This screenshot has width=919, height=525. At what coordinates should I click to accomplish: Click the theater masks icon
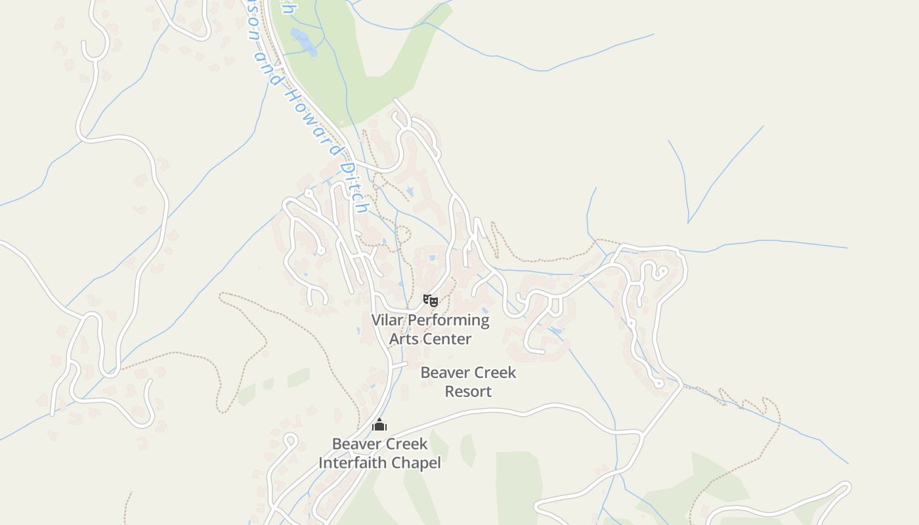[430, 301]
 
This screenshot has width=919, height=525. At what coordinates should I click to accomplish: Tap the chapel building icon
[379, 425]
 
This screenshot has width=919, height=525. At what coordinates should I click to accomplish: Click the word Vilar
[387, 320]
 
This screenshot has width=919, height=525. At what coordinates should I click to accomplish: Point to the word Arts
[404, 339]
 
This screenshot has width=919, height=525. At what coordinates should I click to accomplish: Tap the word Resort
[468, 392]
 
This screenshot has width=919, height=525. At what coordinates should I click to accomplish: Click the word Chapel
[415, 463]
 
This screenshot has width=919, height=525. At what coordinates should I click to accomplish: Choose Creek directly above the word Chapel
[404, 444]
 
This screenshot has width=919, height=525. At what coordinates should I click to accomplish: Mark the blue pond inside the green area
[303, 41]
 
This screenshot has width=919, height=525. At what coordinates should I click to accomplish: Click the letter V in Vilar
[377, 320]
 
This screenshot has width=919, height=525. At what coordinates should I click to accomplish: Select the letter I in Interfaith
[322, 463]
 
